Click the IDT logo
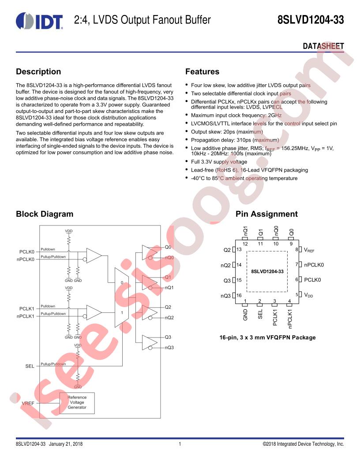[39, 21]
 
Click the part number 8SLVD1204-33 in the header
[311, 20]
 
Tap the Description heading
[38, 71]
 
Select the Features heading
[202, 71]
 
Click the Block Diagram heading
[45, 214]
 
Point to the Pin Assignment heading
[266, 214]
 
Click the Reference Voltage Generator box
[77, 402]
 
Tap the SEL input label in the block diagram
[30, 366]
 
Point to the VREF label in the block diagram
[28, 403]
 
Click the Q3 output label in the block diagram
[168, 337]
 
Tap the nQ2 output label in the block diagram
[169, 318]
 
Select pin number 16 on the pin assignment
[239, 295]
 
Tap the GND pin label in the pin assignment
[245, 315]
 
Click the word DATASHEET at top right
[323, 46]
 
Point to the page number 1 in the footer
[180, 444]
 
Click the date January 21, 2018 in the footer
[66, 444]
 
